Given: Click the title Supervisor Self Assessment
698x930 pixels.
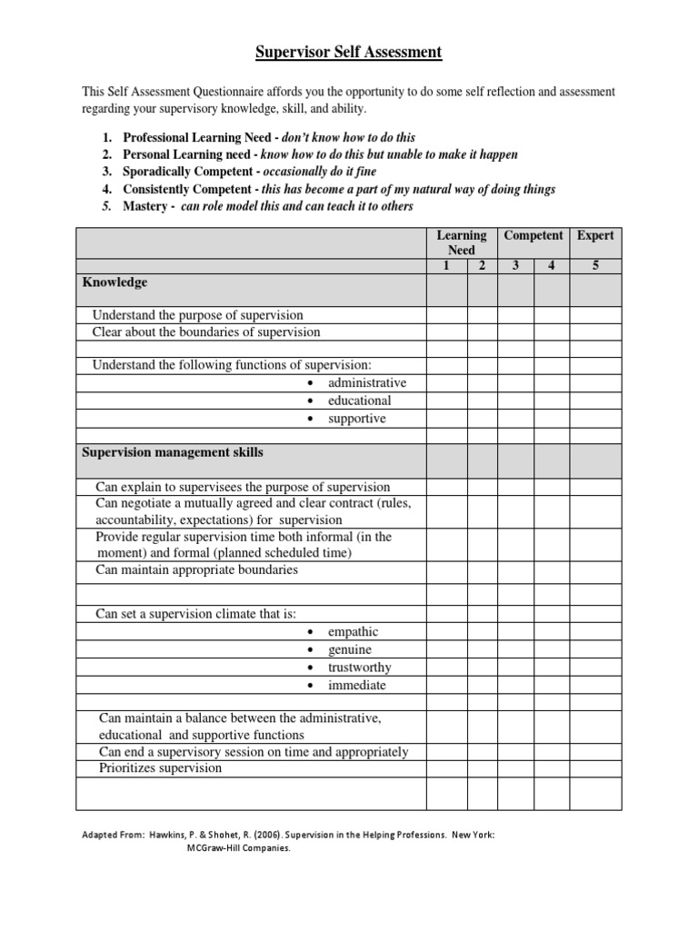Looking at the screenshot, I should [x=347, y=53].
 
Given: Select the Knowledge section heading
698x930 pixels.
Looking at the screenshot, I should [x=115, y=282].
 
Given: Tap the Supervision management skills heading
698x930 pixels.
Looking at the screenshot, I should [x=173, y=451].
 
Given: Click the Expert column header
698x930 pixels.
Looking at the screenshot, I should [x=595, y=235].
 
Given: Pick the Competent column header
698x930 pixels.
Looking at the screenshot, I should [x=533, y=235].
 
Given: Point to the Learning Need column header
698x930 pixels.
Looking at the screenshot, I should [x=462, y=242].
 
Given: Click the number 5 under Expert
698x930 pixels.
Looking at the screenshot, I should [x=595, y=265].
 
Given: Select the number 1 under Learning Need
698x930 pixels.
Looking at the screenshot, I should [x=446, y=265].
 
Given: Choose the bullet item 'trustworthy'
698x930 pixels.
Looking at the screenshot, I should [x=360, y=668].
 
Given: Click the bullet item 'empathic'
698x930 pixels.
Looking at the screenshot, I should [x=354, y=632].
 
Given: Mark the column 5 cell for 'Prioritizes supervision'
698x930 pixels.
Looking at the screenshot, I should [x=595, y=768].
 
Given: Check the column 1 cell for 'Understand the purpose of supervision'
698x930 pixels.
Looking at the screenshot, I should [x=446, y=315].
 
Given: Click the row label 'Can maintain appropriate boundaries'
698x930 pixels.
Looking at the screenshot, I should [x=197, y=570].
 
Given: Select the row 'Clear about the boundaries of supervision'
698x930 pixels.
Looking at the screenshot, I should [x=206, y=332].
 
